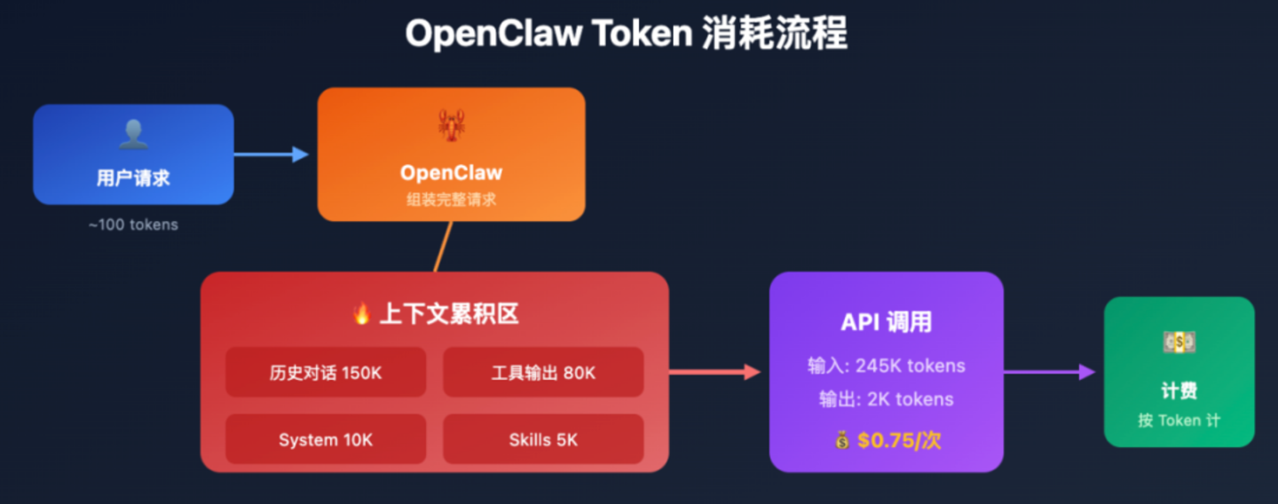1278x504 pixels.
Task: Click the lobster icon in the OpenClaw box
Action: (451, 125)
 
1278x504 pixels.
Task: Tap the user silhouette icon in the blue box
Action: (133, 135)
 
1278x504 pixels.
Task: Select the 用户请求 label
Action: (133, 177)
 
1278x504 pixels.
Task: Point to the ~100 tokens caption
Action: (133, 224)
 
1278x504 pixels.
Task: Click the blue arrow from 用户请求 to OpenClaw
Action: (272, 154)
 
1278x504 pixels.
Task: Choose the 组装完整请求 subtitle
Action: (451, 200)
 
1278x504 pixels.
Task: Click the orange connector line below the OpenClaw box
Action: (444, 247)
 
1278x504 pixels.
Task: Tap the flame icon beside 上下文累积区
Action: (361, 313)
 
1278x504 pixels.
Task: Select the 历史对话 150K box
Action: (326, 372)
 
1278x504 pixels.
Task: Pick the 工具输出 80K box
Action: (543, 372)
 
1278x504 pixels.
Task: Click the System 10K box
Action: (326, 439)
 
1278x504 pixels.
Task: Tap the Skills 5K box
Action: (543, 439)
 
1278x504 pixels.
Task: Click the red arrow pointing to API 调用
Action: (715, 372)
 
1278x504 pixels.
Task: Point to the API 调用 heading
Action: (886, 322)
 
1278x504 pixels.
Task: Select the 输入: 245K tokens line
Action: (886, 366)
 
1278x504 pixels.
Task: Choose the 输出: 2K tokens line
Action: (886, 399)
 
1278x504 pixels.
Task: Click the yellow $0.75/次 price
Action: (898, 440)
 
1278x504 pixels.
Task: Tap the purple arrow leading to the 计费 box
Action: (1050, 372)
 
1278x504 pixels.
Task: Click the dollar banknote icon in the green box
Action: (1179, 343)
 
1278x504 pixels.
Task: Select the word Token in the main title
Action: (643, 33)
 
